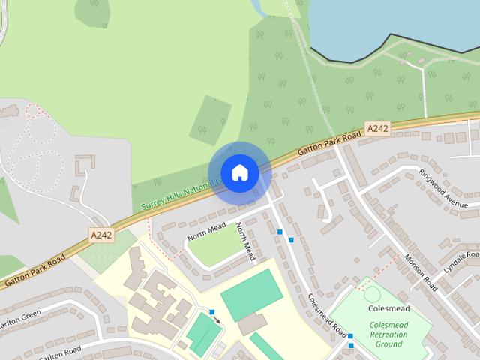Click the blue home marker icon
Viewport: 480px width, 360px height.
pos(239,173)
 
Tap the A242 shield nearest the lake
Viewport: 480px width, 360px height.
pos(377,128)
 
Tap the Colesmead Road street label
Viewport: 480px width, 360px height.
pos(328,315)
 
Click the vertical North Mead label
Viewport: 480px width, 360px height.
pos(245,241)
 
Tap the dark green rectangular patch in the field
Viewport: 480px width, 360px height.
pos(210,120)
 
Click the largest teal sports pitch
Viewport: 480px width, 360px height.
pos(252,295)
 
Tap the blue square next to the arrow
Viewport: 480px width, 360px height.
pos(212,311)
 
